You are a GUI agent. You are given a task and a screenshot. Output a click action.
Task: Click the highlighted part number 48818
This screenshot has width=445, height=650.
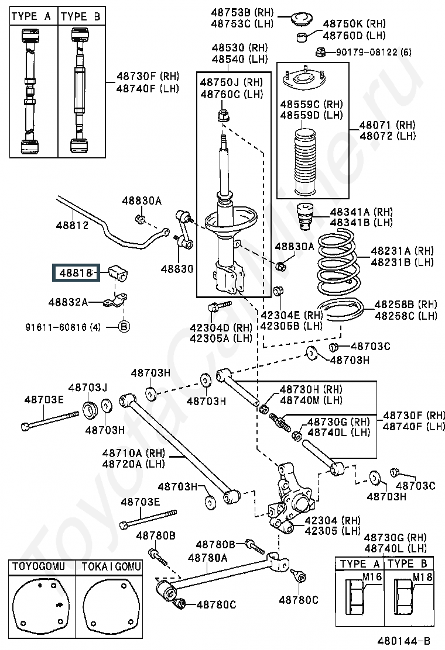click(x=76, y=273)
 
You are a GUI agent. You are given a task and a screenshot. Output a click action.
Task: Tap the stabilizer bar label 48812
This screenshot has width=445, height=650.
click(x=72, y=225)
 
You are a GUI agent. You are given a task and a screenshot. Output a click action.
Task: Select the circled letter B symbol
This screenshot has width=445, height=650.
click(x=124, y=327)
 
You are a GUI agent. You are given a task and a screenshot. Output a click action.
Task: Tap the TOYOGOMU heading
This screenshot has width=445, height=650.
click(x=39, y=566)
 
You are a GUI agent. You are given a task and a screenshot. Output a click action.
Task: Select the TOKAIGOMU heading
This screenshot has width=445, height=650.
click(x=111, y=566)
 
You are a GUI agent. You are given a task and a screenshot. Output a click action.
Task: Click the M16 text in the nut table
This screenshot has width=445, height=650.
click(x=372, y=576)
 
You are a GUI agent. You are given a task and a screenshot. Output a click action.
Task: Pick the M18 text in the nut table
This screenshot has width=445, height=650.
click(x=422, y=576)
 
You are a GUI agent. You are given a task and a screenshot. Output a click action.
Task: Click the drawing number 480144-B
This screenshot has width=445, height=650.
click(x=403, y=641)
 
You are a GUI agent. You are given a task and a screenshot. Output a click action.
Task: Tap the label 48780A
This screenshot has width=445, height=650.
click(x=207, y=558)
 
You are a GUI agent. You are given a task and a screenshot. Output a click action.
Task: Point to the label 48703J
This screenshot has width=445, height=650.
click(x=88, y=388)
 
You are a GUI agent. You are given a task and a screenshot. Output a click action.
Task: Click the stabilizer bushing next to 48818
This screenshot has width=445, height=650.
click(x=118, y=273)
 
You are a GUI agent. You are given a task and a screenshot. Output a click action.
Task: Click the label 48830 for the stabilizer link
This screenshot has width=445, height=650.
click(x=177, y=269)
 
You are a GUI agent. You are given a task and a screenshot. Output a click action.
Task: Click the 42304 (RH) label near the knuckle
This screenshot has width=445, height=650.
click(x=333, y=520)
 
